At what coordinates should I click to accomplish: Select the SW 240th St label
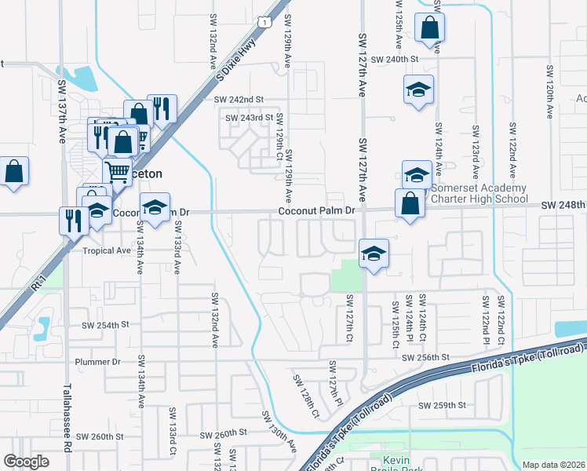pos(396,59)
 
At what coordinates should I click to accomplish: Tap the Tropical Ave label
pos(107,251)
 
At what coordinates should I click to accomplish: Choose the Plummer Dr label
pos(97,362)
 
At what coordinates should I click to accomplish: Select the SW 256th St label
pos(425,357)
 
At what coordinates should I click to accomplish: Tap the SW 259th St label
pos(443,405)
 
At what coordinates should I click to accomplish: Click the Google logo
pos(26,462)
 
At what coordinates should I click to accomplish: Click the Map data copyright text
pos(553,465)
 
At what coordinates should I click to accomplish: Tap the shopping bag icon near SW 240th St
pos(429,28)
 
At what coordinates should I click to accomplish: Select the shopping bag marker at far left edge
pos(14,172)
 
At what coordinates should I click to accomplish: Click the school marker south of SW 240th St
pos(418,91)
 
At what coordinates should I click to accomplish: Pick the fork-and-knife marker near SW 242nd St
pos(162,109)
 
